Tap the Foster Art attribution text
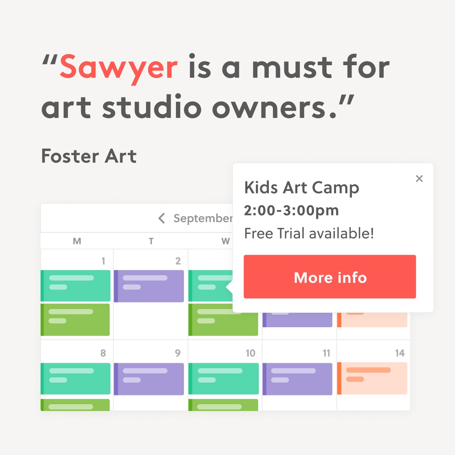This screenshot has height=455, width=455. pos(89,156)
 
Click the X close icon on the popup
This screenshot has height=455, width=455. pos(419,179)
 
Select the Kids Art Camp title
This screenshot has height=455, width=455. pos(301,188)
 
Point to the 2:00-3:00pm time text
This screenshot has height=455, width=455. pos(291,210)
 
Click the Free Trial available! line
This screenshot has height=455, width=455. pos(309,233)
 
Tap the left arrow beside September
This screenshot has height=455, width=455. pos(162,218)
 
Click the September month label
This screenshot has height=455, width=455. pos(203,218)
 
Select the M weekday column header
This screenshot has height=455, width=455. pos(77,241)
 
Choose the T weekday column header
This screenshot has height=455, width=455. pos(151,241)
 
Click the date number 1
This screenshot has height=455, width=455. pos(103,261)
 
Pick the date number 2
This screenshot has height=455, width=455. pos(178,261)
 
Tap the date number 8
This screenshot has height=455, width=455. pos(103,353)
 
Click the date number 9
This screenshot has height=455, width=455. pos(178,353)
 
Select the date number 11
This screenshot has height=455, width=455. pos(326,353)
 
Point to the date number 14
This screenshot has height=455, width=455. pos(400,353)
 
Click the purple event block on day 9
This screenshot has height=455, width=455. pos(149,379)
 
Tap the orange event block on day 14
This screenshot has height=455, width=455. pos(372,378)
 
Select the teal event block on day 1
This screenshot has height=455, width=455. pos(75,286)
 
